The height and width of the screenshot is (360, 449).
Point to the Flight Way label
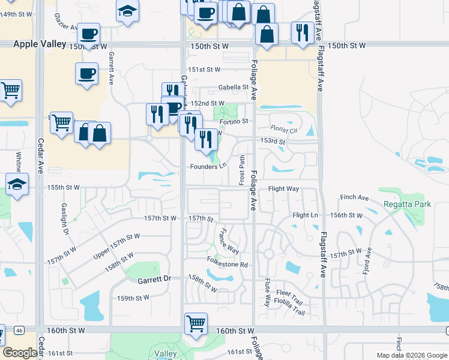pos(283,188)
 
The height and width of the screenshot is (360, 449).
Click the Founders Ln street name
pos(208,166)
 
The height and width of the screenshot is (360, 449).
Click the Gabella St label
pos(233,87)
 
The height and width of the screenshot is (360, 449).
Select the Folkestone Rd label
pos(228,264)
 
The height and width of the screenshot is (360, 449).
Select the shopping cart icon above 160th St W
pos(196,323)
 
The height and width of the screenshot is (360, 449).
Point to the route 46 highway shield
pos(19,330)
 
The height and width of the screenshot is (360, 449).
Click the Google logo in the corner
pos(20,353)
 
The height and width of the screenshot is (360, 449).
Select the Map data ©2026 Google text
pos(412,355)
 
